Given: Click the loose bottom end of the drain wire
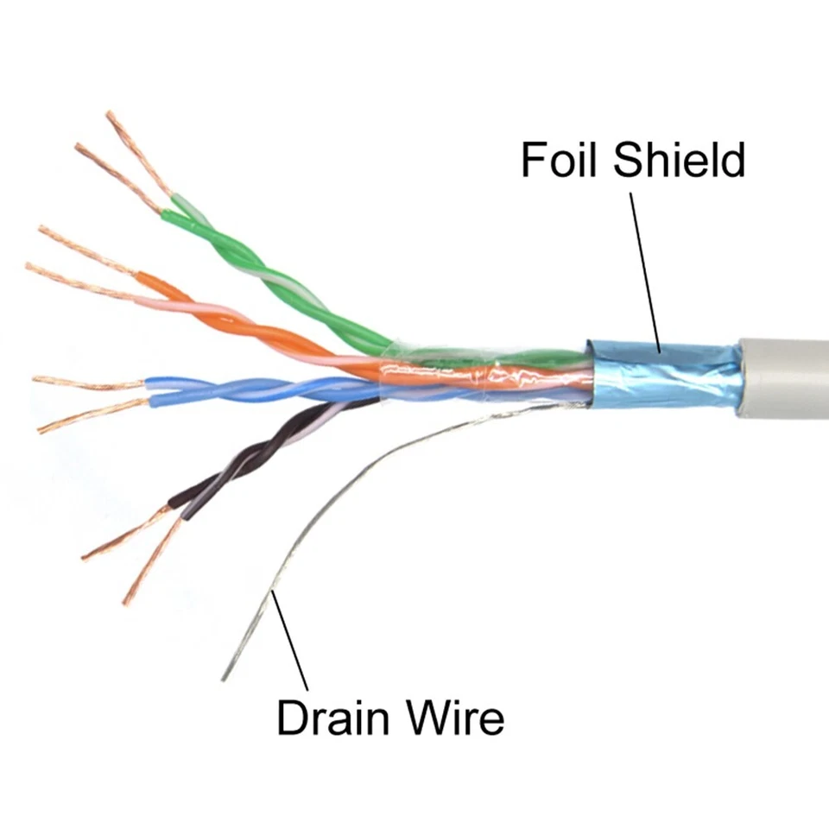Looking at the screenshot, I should [225, 676].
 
